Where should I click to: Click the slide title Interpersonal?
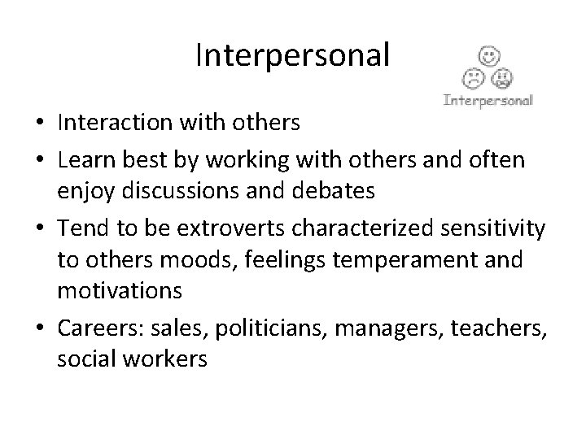coord(293,55)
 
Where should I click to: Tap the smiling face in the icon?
coord(488,57)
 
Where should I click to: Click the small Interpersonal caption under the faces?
coord(488,102)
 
